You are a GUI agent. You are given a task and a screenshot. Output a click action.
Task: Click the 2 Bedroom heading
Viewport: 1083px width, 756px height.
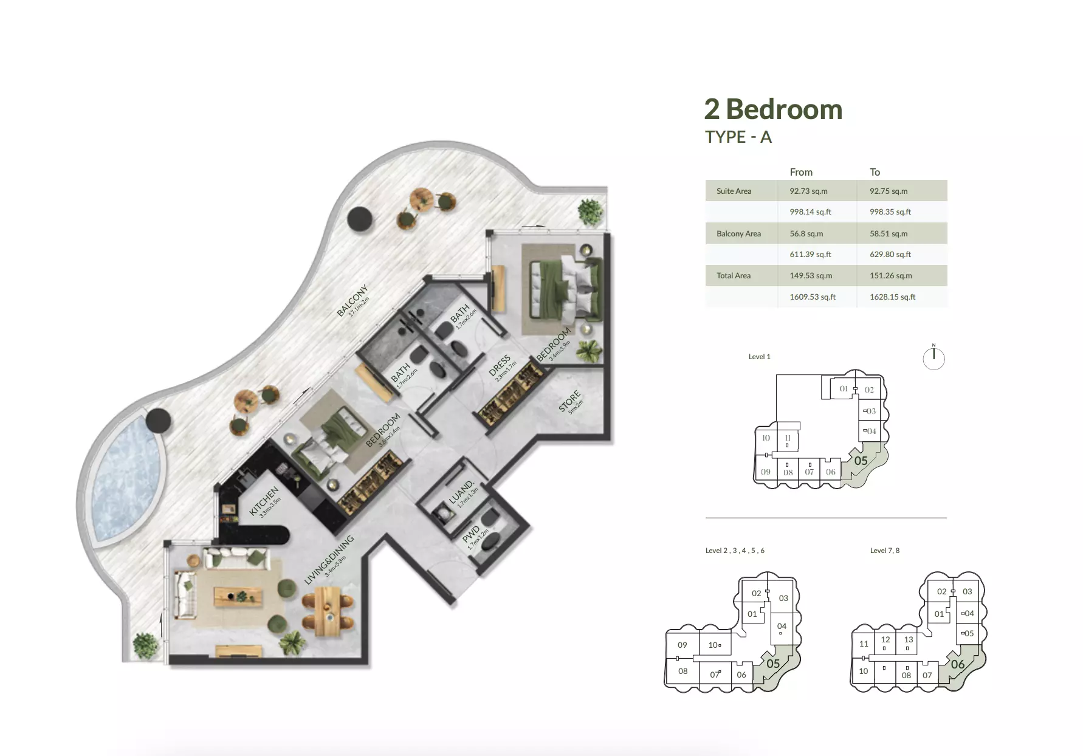point(773,110)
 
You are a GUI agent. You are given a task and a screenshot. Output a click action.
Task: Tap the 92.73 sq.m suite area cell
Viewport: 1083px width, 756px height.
point(808,191)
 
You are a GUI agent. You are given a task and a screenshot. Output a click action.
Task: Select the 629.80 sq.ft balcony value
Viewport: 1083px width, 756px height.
point(890,255)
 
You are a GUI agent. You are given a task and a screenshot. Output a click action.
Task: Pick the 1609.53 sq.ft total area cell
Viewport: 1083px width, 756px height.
point(813,297)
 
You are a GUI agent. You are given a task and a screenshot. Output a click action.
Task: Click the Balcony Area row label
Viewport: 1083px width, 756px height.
point(738,233)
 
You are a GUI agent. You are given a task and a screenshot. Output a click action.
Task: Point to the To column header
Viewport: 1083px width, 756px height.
point(875,172)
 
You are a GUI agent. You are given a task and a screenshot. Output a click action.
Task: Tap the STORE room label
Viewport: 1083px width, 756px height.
point(570,402)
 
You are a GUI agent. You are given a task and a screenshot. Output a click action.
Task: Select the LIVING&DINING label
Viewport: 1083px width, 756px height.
point(329,560)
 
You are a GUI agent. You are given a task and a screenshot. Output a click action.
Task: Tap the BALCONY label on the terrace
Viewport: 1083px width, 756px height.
point(352,301)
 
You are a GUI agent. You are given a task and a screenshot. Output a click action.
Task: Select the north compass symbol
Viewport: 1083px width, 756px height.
point(933,357)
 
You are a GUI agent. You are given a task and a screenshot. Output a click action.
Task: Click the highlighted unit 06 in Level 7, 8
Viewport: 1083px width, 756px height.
point(957,664)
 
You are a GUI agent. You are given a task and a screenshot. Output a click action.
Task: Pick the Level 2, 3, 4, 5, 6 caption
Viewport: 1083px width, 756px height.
point(735,551)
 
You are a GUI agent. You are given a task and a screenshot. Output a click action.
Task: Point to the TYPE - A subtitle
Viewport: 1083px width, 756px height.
point(738,137)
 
